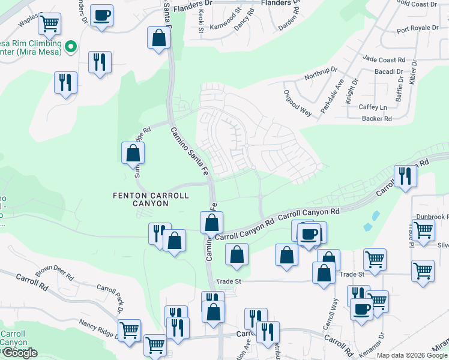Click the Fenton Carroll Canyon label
[151, 199]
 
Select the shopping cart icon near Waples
[49, 24]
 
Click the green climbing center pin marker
[70, 46]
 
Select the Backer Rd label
[376, 119]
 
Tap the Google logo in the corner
[19, 353]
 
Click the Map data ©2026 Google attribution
[412, 355]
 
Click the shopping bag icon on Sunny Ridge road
[133, 153]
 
